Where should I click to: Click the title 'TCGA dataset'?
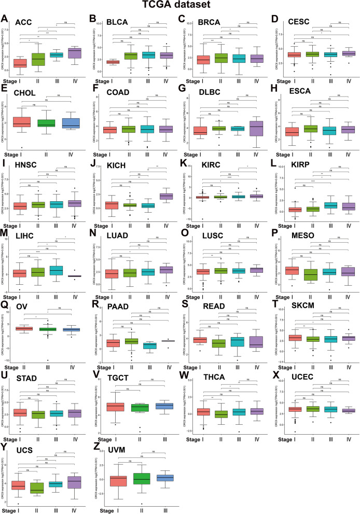(x=180, y=6)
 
